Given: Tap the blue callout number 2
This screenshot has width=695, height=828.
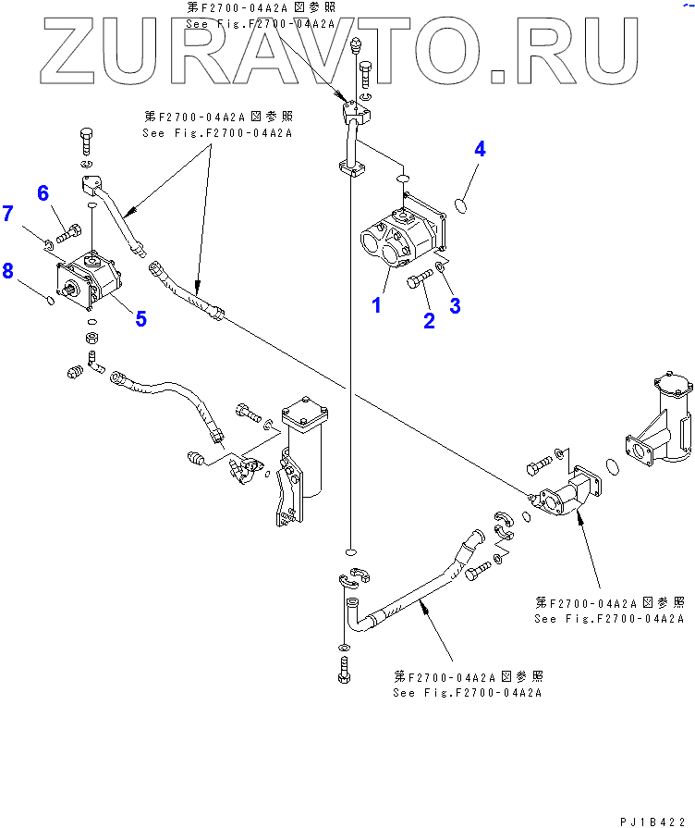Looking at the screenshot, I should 429,320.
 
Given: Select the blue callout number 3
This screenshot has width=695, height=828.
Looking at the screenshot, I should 454,306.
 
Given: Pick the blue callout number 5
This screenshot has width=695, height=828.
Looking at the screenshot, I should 140,319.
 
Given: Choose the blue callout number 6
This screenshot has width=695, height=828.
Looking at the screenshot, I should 43,192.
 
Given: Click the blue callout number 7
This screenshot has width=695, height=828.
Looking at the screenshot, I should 7,214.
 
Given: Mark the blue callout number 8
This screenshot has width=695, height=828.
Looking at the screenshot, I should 7,270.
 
